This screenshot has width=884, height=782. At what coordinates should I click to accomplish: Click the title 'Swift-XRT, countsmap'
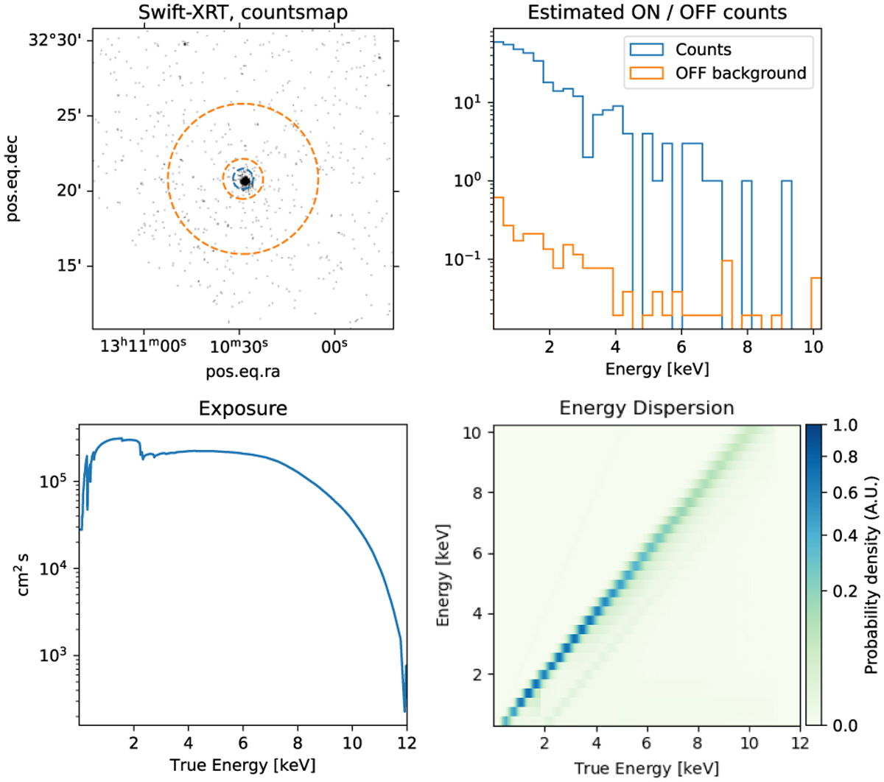tap(242, 13)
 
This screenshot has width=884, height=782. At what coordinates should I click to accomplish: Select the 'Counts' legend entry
tap(703, 50)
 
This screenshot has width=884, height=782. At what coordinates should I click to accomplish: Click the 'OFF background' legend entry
tap(740, 74)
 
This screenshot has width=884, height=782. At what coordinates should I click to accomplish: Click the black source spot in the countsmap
tap(245, 180)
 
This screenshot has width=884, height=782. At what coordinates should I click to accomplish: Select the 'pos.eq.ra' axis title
tap(242, 371)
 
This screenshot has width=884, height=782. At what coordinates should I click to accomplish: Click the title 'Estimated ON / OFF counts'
tap(657, 13)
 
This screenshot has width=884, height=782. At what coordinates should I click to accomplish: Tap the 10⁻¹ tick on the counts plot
tap(463, 259)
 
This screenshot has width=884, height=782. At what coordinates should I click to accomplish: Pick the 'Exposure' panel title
tap(242, 408)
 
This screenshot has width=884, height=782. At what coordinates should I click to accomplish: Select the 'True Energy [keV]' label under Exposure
tap(242, 765)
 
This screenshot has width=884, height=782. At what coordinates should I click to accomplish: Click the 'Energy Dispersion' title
tap(646, 408)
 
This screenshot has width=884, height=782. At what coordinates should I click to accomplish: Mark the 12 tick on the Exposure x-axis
tap(406, 742)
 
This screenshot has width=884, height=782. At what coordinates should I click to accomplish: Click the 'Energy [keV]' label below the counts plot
tap(657, 368)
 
